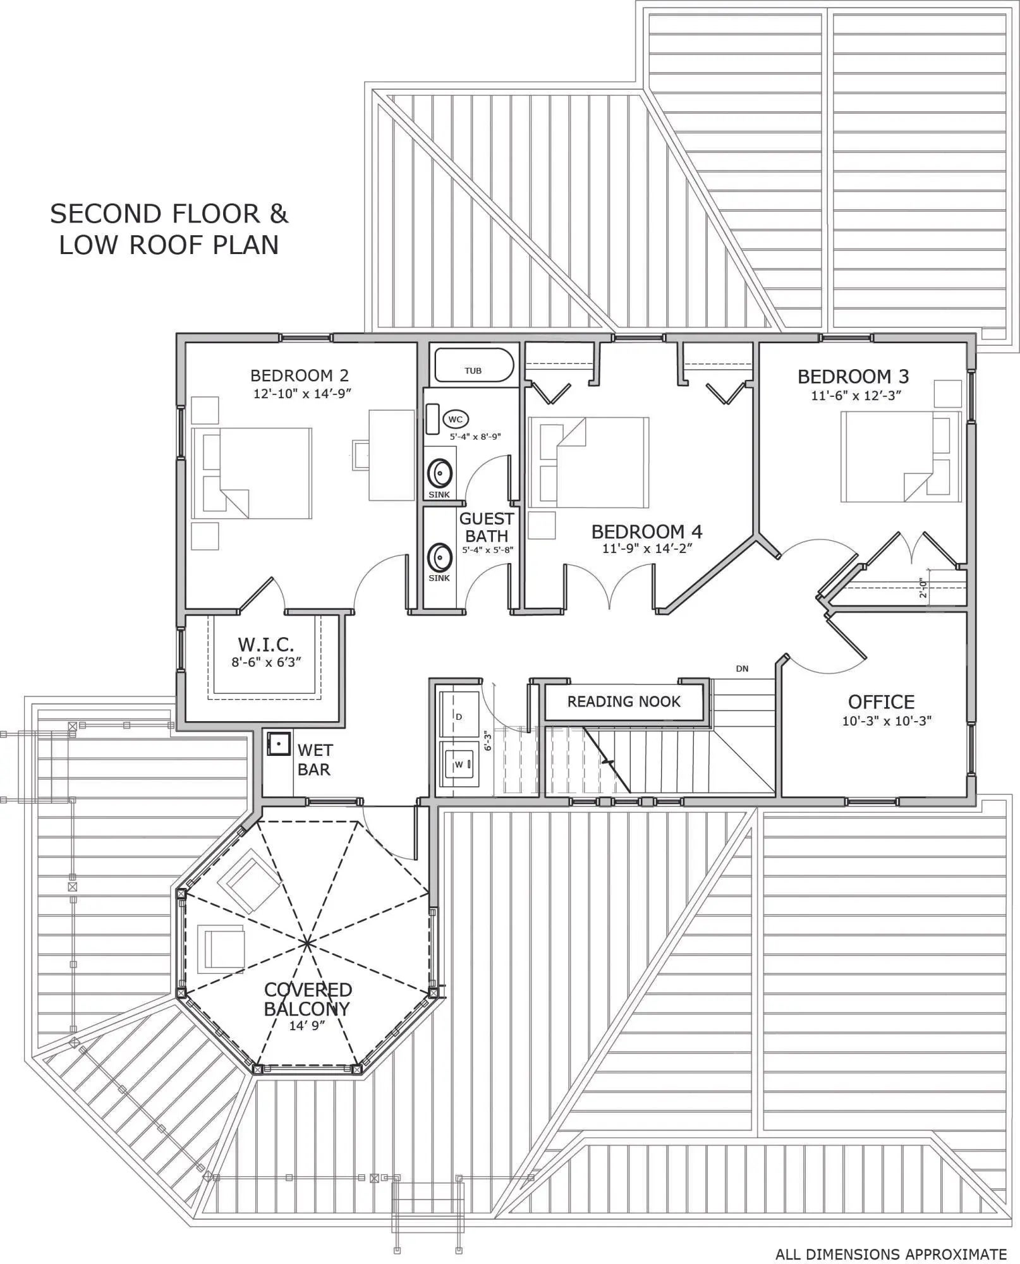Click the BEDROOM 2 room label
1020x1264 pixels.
(x=300, y=376)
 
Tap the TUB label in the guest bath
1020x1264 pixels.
(x=473, y=371)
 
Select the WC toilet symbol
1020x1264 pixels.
(x=456, y=419)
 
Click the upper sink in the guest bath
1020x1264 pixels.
(x=439, y=473)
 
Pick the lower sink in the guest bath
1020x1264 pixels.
(x=439, y=558)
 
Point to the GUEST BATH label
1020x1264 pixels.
(x=487, y=527)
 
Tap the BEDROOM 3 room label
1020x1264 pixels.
(x=853, y=377)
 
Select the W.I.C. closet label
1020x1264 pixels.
(x=266, y=645)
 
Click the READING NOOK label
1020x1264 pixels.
(x=624, y=702)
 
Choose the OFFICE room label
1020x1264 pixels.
(x=881, y=702)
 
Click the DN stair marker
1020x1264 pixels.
(x=743, y=669)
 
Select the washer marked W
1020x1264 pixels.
(x=459, y=765)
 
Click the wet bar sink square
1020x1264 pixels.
(x=278, y=744)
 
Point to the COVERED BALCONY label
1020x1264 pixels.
(x=308, y=999)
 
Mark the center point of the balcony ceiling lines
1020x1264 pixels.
(x=307, y=944)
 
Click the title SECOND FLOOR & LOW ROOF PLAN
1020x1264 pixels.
(x=169, y=229)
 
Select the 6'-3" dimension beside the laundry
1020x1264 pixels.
(x=487, y=741)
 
